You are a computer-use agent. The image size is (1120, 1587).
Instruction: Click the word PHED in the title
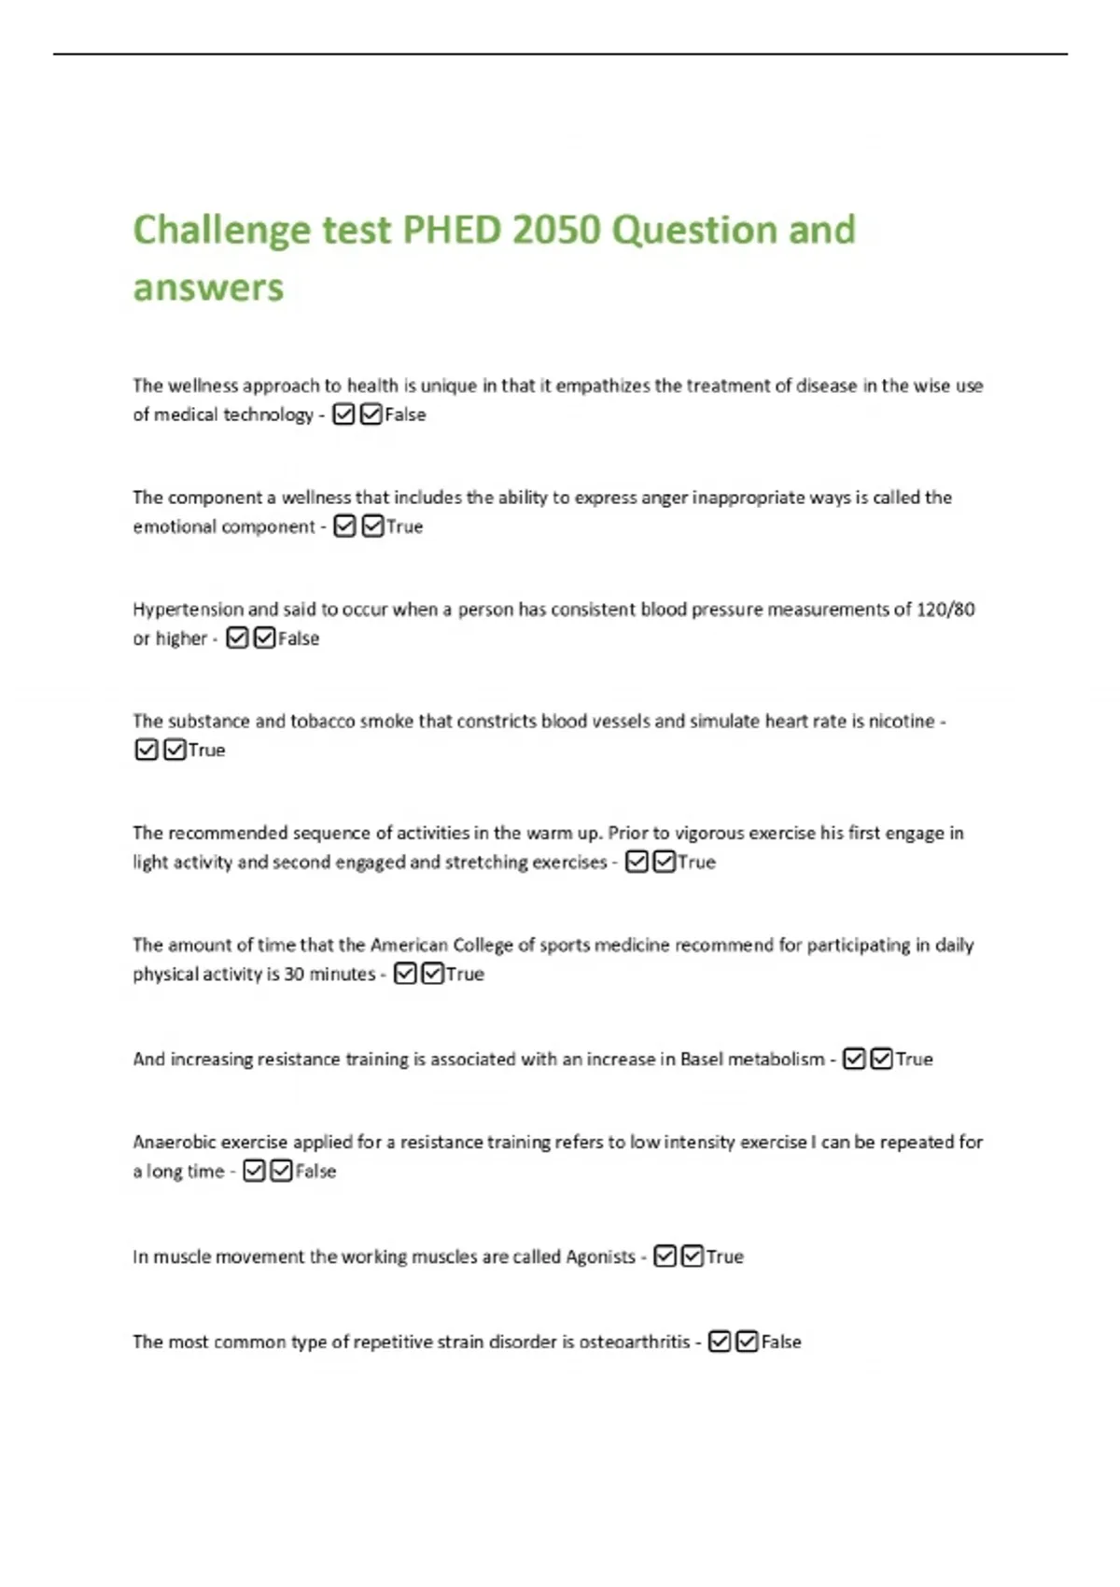(x=452, y=230)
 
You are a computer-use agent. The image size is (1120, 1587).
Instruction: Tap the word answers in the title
(x=208, y=287)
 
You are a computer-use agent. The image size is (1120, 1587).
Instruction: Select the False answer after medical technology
(x=405, y=414)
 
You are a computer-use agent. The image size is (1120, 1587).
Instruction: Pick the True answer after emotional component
(x=404, y=527)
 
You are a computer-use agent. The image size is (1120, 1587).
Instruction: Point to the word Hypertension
(x=188, y=610)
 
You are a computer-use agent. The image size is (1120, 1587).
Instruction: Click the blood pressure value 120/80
(x=945, y=610)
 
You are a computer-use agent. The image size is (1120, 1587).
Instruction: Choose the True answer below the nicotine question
(x=206, y=751)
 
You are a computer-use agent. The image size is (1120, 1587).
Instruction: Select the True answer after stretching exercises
(x=696, y=863)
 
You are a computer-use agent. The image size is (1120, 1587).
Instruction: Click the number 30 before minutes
(x=294, y=974)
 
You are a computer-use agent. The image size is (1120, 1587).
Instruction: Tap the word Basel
(x=701, y=1060)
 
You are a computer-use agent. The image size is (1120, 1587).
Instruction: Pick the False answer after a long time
(x=315, y=1172)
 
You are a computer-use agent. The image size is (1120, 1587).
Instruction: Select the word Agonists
(x=600, y=1257)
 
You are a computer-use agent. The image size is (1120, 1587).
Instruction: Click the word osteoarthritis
(x=635, y=1341)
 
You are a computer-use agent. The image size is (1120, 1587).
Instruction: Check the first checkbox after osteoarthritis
(x=719, y=1341)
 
